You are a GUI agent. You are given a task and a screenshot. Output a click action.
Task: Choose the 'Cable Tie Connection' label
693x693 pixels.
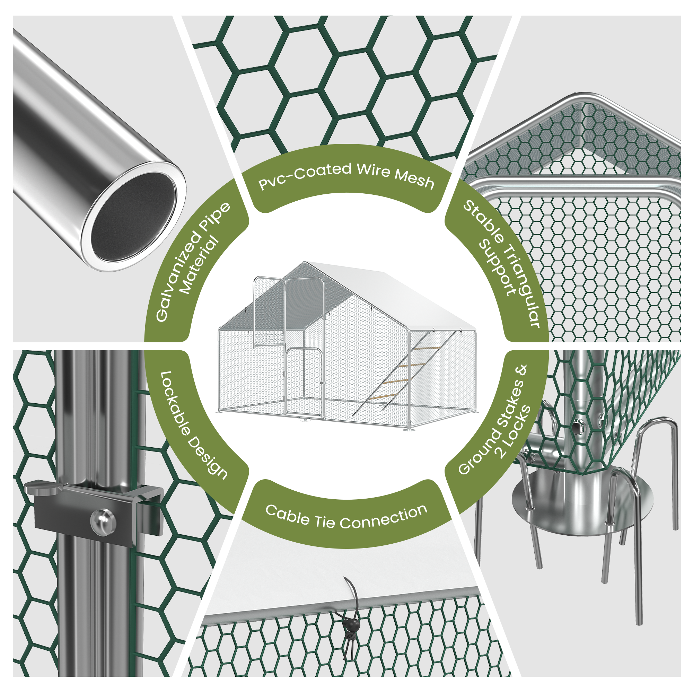click(346, 517)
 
